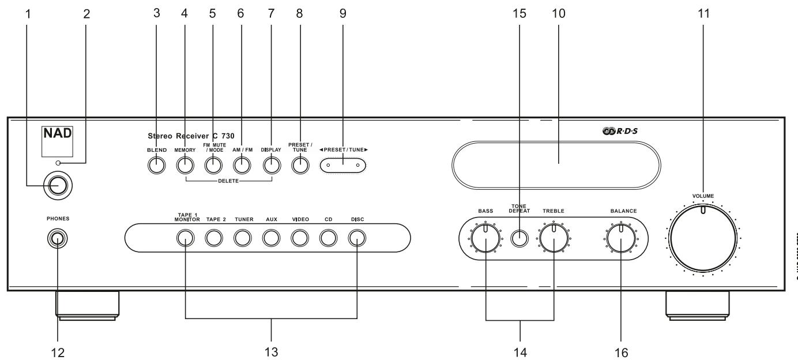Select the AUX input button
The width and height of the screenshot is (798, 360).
[270, 237]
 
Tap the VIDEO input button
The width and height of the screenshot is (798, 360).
[299, 237]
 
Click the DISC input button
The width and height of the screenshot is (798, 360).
[356, 237]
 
